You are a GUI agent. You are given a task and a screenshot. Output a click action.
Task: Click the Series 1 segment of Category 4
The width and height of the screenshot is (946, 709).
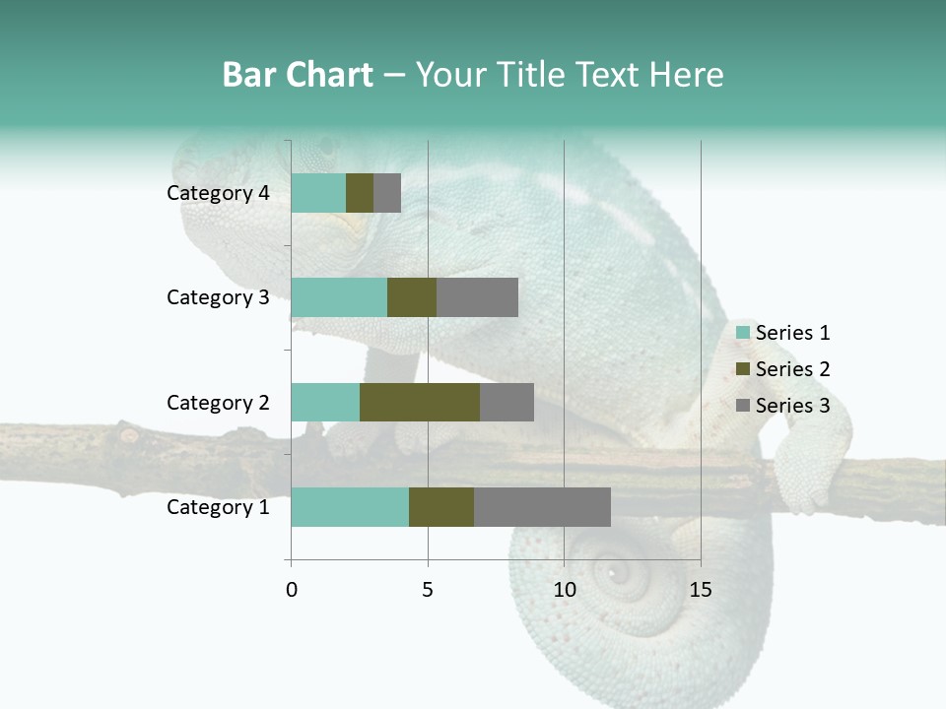click(x=318, y=193)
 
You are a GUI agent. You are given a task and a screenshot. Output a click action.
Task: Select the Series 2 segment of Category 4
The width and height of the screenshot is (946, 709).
click(x=360, y=193)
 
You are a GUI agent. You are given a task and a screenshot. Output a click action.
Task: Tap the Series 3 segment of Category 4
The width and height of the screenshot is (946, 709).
click(x=387, y=193)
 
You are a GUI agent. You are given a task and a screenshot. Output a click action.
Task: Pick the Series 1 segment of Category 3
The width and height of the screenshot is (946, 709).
click(x=339, y=297)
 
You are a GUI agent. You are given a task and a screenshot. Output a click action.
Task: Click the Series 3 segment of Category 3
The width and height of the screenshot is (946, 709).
click(x=477, y=297)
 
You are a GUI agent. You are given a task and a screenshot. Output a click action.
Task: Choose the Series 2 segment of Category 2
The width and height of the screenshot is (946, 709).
click(x=420, y=402)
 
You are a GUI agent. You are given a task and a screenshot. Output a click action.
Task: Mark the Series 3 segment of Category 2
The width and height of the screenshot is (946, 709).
click(x=507, y=402)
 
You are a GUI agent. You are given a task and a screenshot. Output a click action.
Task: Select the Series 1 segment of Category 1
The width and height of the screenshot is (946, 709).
click(x=350, y=507)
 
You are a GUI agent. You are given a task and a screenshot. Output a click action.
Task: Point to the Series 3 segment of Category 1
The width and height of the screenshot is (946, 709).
click(x=542, y=507)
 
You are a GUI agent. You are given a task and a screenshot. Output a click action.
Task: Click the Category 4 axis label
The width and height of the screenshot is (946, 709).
click(x=218, y=193)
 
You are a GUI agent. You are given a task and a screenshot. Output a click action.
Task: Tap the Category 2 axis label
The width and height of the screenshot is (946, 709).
click(x=218, y=403)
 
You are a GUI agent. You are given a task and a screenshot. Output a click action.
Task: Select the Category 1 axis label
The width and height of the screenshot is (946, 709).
click(x=218, y=507)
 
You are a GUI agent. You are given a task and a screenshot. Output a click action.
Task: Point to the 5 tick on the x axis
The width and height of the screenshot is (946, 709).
click(x=428, y=590)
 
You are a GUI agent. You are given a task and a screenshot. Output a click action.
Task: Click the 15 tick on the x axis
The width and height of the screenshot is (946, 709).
click(x=700, y=590)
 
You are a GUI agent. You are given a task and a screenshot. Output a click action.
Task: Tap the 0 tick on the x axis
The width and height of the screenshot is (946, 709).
click(x=292, y=590)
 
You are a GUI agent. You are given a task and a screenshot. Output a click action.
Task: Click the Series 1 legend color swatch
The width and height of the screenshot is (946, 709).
click(x=743, y=333)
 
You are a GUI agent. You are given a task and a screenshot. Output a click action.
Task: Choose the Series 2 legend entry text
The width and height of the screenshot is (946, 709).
click(x=792, y=369)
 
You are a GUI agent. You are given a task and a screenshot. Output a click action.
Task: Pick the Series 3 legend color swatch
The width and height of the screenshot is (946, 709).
click(x=743, y=406)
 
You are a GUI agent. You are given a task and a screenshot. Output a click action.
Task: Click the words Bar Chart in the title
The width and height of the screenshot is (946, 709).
click(x=297, y=75)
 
